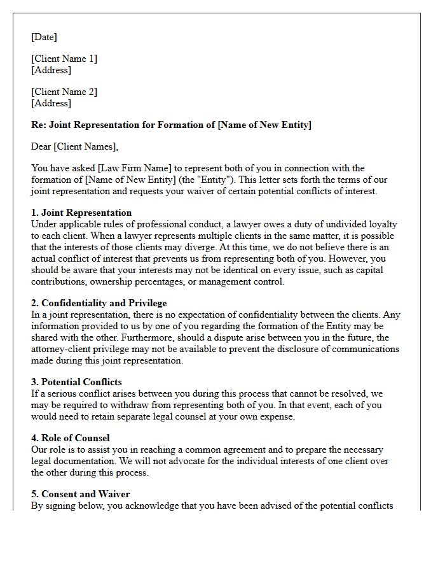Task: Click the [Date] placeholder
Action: [44, 37]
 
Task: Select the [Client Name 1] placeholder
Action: [64, 59]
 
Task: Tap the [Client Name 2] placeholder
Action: [64, 92]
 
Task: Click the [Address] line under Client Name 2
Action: [51, 103]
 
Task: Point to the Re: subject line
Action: [171, 125]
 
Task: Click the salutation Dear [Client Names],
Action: [74, 146]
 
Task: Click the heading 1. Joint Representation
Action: [81, 213]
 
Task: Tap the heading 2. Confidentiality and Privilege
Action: [99, 303]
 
